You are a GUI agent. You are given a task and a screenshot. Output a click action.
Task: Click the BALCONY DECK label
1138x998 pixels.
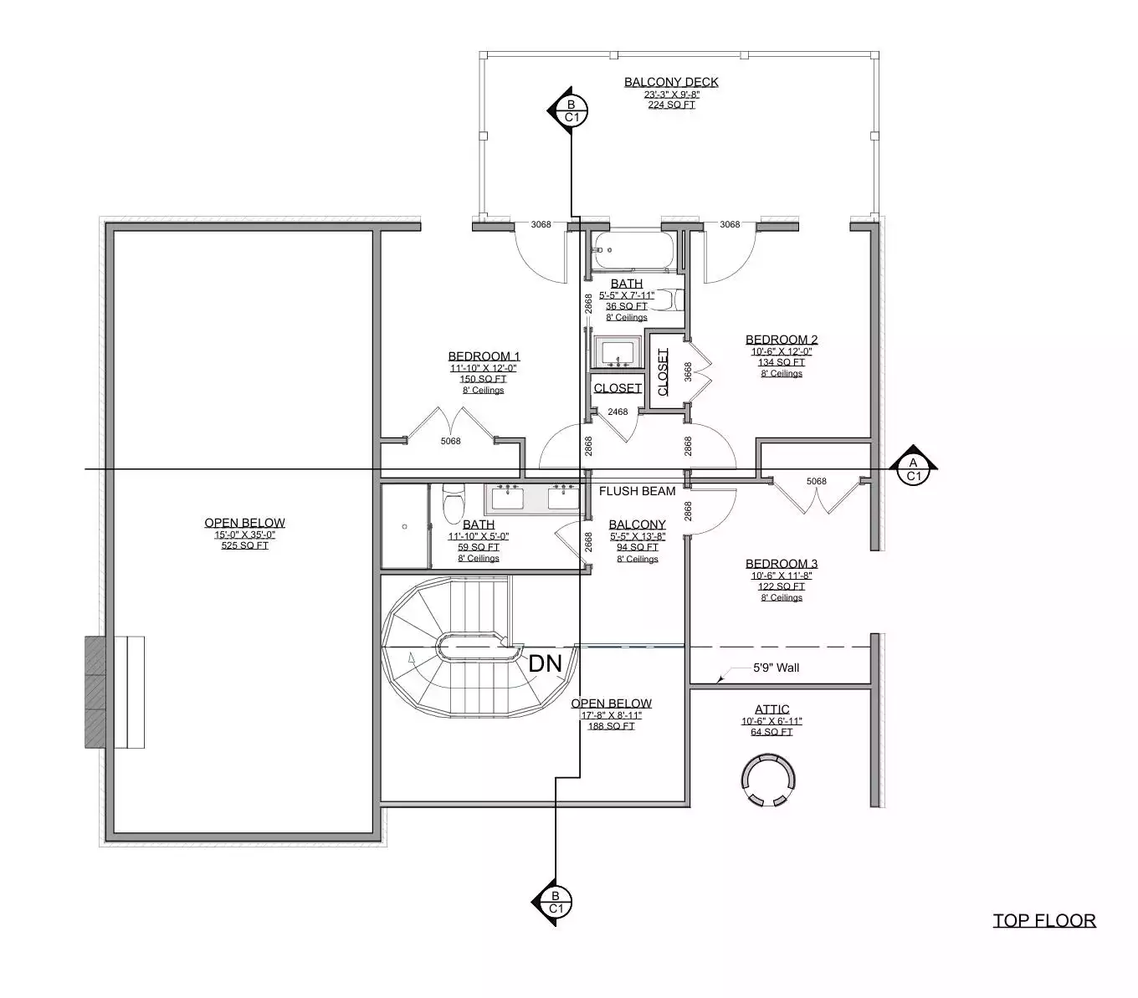671,82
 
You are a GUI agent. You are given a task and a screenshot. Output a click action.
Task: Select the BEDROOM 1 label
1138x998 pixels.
484,356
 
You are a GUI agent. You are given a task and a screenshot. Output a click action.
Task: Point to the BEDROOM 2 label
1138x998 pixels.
782,339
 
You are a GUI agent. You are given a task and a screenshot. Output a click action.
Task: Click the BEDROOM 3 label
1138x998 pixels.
782,563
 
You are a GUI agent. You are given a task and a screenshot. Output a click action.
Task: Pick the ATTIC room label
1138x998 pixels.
771,709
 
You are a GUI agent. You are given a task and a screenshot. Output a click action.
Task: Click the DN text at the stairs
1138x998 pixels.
545,664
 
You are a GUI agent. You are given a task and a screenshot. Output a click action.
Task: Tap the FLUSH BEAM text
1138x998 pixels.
637,491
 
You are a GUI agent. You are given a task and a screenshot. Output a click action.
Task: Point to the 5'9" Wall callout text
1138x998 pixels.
776,668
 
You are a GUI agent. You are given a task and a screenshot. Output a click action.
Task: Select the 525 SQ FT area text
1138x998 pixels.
245,545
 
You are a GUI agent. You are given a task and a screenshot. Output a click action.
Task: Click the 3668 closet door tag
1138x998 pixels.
688,371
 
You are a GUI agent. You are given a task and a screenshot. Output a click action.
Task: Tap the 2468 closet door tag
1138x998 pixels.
618,412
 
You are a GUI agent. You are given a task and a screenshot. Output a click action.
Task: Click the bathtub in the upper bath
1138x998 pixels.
633,250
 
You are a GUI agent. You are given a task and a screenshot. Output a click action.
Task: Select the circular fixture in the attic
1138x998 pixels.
768,780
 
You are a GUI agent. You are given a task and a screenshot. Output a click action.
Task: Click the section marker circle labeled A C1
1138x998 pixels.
913,469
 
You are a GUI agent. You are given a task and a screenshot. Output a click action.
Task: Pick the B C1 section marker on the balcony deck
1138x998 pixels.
572,110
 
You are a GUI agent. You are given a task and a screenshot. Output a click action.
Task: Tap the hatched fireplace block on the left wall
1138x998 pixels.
95,692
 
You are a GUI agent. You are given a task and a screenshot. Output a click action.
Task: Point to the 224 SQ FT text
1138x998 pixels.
671,105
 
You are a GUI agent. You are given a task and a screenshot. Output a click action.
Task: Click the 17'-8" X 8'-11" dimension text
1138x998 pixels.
611,715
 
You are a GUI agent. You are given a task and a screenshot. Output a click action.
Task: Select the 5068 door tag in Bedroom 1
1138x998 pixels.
450,441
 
